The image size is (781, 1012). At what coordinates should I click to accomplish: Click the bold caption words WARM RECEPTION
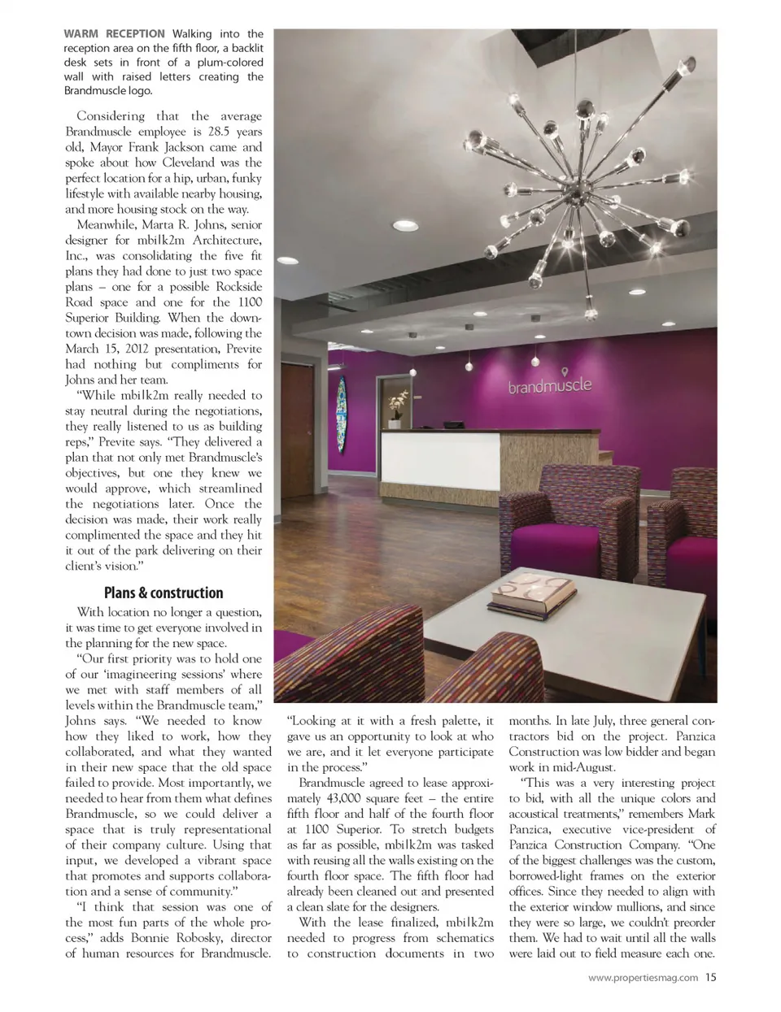click(114, 34)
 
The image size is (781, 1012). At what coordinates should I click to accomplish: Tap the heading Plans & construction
click(164, 593)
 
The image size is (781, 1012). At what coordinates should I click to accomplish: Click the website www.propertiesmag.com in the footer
click(643, 979)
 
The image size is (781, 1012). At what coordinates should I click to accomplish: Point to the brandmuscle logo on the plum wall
click(550, 385)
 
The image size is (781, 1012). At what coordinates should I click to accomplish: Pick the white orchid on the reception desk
click(398, 402)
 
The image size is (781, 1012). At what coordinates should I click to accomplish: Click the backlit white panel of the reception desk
click(440, 463)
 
